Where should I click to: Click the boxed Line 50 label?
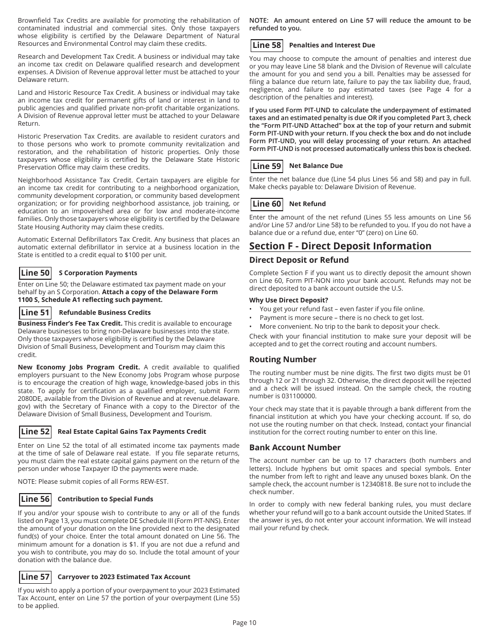35,273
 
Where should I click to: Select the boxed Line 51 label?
35,313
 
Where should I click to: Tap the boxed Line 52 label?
35,432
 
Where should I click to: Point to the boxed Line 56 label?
35,499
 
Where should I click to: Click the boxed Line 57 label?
35,577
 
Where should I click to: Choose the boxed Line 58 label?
267,45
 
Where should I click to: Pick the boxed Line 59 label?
267,166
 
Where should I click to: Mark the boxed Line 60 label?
267,204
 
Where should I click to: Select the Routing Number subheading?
283,359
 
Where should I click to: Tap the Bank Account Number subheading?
295,447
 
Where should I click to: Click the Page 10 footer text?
244,622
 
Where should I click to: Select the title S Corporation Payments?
98,273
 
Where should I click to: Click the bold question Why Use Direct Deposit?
288,300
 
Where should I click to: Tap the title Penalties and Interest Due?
332,45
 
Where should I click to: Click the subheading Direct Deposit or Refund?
299,260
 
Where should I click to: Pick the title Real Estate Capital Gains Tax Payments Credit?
132,432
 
